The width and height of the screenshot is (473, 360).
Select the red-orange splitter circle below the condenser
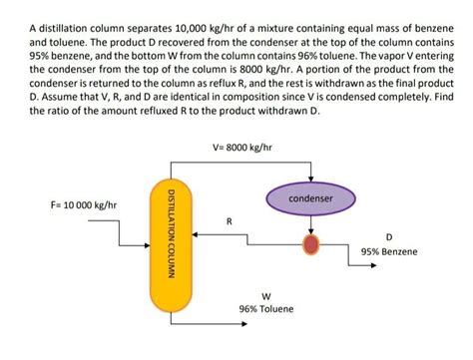click(x=311, y=244)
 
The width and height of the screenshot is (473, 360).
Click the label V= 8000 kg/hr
click(x=242, y=148)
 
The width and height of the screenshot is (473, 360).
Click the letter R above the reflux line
click(x=229, y=221)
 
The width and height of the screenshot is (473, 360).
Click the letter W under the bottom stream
click(x=265, y=296)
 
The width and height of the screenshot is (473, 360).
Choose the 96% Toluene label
click(x=265, y=310)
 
